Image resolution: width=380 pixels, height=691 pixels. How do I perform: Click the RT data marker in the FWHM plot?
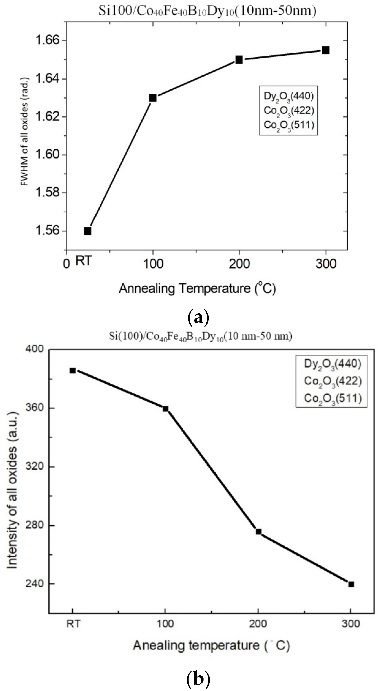(88, 231)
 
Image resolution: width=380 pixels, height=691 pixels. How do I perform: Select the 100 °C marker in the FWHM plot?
(153, 98)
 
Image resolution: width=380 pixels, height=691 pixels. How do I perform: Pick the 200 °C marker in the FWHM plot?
(239, 59)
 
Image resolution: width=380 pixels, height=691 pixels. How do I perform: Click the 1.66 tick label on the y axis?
(47, 41)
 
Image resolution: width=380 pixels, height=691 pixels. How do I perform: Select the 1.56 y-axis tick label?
(47, 231)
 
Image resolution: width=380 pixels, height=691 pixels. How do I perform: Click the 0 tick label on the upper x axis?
(66, 264)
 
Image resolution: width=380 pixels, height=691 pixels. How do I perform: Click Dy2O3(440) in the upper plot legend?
(288, 96)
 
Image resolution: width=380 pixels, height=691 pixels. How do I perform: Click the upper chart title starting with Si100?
(207, 11)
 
